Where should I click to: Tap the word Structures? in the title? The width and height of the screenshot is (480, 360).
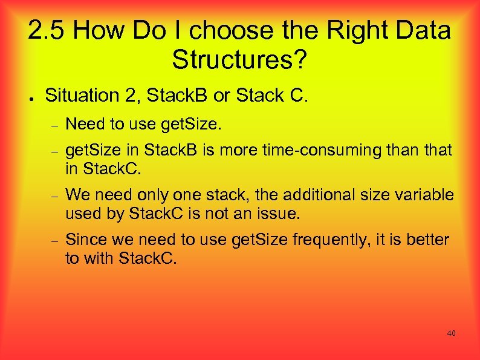(x=240, y=59)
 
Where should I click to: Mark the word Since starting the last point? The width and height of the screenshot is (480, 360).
(x=83, y=240)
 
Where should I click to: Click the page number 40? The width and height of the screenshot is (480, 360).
(x=451, y=333)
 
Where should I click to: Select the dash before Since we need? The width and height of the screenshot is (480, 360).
(x=54, y=240)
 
